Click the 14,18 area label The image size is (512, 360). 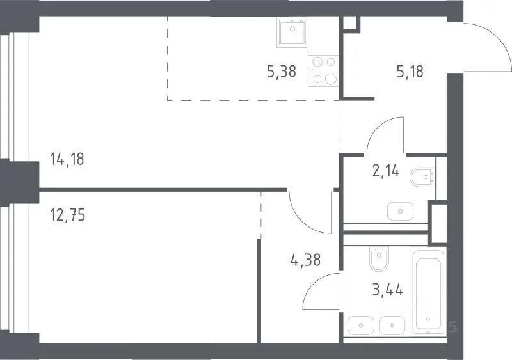(67, 159)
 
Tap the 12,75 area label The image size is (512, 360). (68, 215)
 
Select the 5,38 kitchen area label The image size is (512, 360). (282, 72)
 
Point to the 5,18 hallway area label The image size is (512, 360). (410, 72)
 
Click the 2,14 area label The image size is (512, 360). (386, 171)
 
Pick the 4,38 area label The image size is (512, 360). (305, 260)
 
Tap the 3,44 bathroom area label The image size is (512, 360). (388, 289)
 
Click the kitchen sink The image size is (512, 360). (292, 32)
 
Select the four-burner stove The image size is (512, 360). (323, 71)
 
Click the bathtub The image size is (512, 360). (428, 292)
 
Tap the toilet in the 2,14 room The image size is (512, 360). (422, 177)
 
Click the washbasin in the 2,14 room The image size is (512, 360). (401, 211)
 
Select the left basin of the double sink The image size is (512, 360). (361, 325)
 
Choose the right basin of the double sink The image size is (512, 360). (392, 325)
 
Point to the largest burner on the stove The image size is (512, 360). (331, 79)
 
